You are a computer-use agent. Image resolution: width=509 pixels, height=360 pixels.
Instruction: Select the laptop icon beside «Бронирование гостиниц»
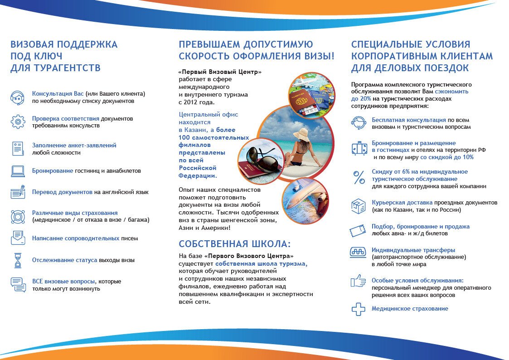(18, 171)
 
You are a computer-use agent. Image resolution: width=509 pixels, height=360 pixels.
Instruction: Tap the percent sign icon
(359, 177)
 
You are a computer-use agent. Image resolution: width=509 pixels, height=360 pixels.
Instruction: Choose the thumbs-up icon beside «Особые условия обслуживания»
(358, 281)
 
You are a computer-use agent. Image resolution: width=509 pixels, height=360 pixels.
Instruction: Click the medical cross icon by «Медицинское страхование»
(359, 309)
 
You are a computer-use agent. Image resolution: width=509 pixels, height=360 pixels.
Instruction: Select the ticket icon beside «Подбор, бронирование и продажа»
(358, 230)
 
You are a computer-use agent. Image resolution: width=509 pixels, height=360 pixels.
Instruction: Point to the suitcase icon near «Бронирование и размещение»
(359, 148)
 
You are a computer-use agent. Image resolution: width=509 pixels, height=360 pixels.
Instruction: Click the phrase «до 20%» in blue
(361, 98)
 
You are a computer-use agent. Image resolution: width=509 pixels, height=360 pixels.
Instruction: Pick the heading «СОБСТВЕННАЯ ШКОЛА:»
(235, 243)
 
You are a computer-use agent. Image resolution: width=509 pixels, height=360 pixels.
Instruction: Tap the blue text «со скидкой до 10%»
(447, 157)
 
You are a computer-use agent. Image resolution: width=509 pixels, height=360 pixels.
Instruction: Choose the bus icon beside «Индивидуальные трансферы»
(358, 253)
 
